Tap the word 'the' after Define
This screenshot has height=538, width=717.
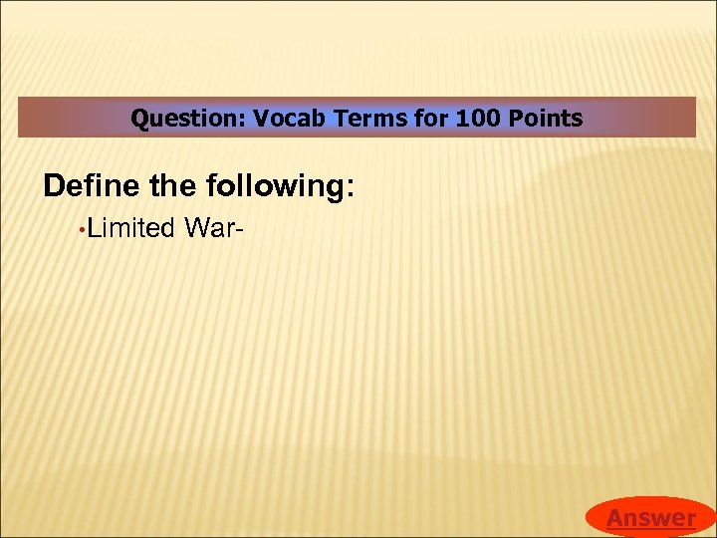[173, 186]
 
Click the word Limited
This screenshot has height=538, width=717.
[129, 229]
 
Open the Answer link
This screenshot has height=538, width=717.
[651, 518]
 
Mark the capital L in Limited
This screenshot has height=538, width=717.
[91, 229]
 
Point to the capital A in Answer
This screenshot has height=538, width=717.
[615, 518]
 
